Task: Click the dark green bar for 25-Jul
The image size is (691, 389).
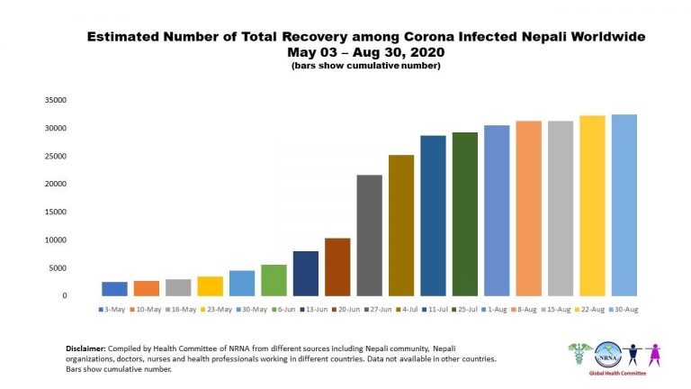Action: [465, 214]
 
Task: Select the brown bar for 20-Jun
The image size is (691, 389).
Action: [337, 267]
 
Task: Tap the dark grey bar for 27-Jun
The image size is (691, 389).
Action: [369, 236]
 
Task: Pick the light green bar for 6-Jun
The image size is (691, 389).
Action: [274, 280]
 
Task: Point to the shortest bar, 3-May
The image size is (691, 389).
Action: [114, 289]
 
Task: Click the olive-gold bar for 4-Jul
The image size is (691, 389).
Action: [401, 225]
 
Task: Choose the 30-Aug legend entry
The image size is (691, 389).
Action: [624, 310]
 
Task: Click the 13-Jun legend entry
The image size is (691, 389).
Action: [314, 310]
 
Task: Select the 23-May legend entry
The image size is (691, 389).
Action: [216, 310]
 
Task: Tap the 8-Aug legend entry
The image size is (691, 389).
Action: [524, 310]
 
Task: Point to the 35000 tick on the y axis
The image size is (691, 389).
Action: [56, 100]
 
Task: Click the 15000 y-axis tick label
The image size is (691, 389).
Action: [56, 213]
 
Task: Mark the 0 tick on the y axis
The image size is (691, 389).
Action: [65, 296]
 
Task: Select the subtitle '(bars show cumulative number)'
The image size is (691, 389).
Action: [366, 66]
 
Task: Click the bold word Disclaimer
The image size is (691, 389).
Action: [86, 348]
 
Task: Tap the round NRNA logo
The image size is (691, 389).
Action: [608, 355]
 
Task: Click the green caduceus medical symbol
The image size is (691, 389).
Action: [580, 354]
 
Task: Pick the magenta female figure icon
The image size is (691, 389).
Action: [654, 355]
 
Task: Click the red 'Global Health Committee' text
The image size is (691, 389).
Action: [617, 373]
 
